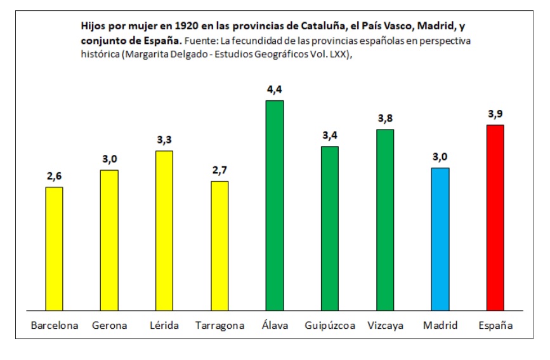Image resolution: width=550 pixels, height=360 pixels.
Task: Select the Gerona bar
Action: coord(109,240)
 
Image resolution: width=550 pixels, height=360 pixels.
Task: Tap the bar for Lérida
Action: coord(164,230)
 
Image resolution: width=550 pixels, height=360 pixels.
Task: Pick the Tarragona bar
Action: coord(219,246)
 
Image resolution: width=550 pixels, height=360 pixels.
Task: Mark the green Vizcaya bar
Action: coord(385,220)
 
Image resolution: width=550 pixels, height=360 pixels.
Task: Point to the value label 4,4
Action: coord(275,90)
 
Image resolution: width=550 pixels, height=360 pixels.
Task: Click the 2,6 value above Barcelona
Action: coord(55,176)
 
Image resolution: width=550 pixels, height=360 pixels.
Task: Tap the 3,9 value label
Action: coord(495,114)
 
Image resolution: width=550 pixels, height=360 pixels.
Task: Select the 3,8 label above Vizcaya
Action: coord(385,118)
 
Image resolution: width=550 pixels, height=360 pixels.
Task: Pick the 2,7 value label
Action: coord(219,170)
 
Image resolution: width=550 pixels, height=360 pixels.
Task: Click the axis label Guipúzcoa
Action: coord(330,326)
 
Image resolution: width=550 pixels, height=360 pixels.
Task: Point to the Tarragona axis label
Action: coord(219,326)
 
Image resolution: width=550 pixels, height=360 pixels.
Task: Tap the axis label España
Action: coord(495,326)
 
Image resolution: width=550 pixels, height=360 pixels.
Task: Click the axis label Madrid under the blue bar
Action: coord(440,326)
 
